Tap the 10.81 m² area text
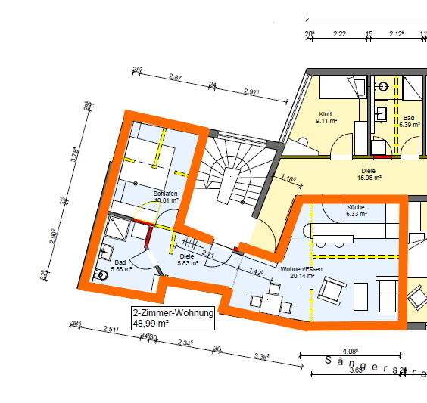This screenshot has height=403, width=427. [x=164, y=200]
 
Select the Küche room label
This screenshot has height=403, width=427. [x=356, y=206]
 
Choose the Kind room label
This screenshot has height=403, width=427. [x=324, y=113]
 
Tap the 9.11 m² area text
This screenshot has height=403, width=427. [x=326, y=121]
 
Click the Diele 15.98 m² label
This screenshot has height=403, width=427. [x=369, y=174]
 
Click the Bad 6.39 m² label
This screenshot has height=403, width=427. [x=408, y=122]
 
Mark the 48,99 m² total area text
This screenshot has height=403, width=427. [x=151, y=323]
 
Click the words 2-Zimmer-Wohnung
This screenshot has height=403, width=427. [x=173, y=312]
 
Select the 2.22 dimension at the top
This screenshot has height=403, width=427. [x=339, y=34]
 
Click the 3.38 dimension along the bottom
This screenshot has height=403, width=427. [x=263, y=357]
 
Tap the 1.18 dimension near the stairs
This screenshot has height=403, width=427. [x=288, y=179]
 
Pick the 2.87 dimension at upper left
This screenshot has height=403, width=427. [x=176, y=77]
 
